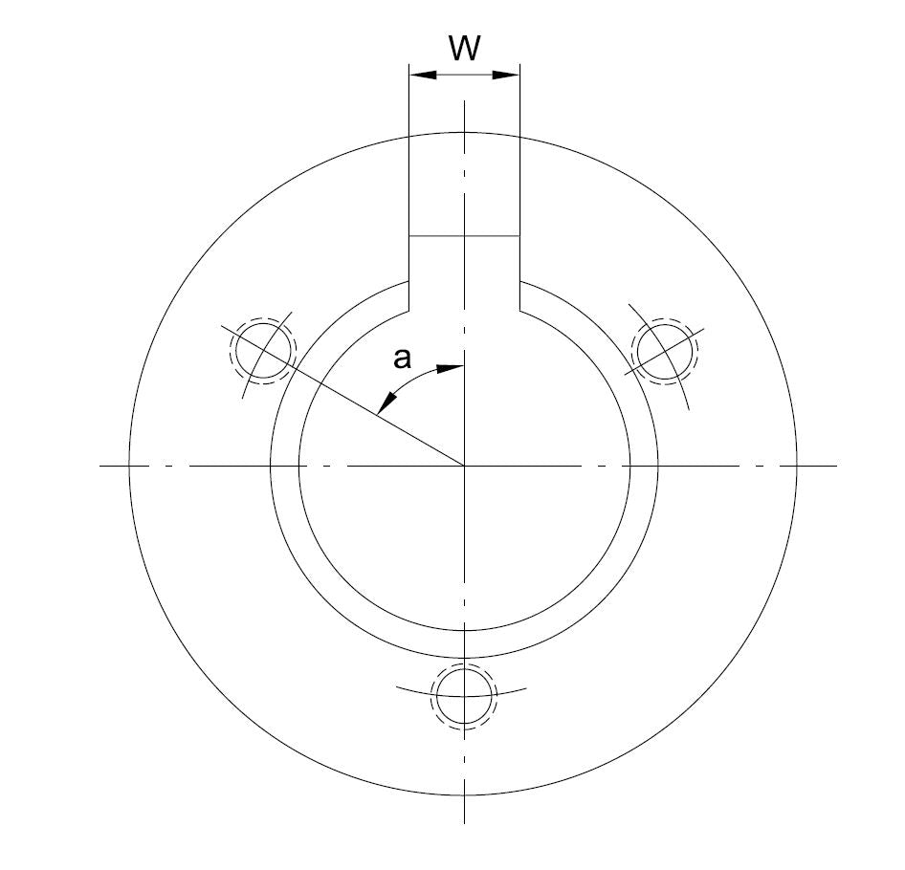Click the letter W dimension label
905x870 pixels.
464,49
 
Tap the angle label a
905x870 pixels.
403,359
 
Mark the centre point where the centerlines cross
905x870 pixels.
464,466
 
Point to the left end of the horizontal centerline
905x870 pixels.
101,466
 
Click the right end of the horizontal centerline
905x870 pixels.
836,466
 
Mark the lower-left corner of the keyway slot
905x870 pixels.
409,310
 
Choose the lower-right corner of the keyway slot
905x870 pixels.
519,310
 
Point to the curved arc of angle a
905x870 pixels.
411,381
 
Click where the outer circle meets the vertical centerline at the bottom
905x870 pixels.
464,795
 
